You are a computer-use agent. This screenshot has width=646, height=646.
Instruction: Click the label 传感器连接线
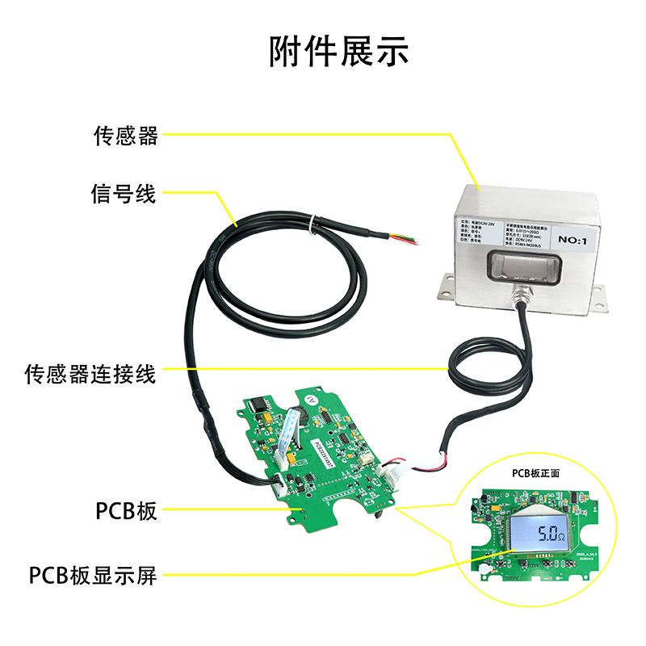(x=90, y=375)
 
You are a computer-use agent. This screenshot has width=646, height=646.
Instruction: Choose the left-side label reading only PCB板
(x=125, y=511)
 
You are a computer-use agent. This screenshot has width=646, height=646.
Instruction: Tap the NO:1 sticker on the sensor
(x=577, y=239)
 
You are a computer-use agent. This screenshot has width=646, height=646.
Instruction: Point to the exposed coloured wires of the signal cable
(x=406, y=239)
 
